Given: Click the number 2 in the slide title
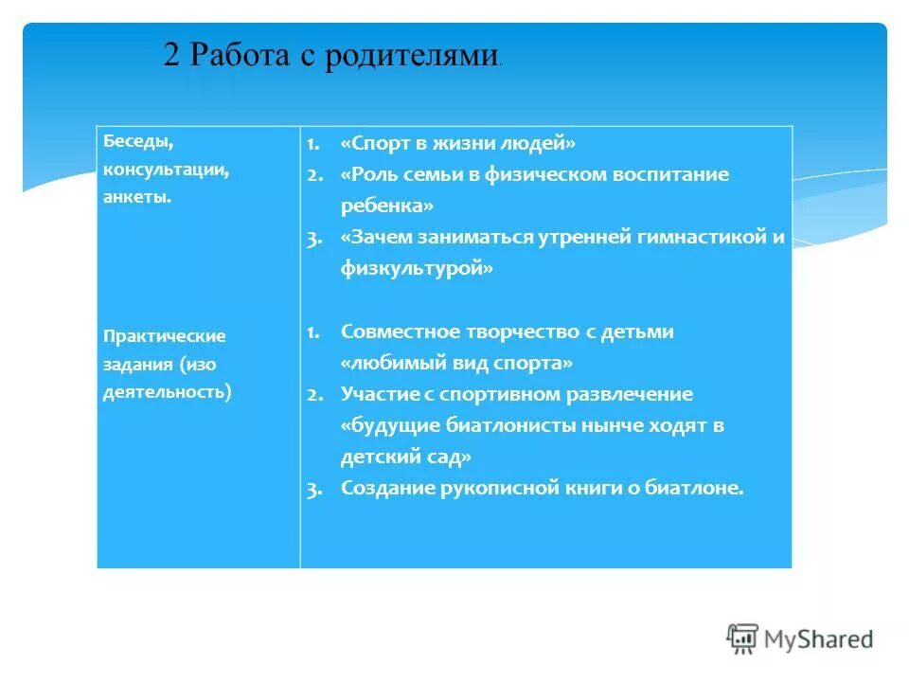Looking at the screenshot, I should (x=172, y=54).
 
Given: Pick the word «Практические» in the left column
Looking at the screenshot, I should (x=165, y=336).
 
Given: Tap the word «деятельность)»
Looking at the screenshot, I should (x=168, y=389).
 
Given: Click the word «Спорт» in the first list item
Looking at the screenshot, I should (x=374, y=143).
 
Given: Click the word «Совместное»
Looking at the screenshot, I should (x=400, y=332).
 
